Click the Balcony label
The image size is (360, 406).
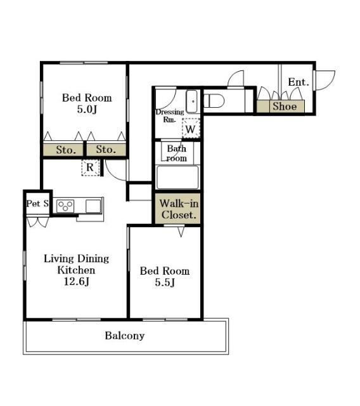point(125,336)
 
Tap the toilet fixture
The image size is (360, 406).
point(214,101)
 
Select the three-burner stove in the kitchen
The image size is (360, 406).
point(65,206)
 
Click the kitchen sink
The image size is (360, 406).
point(93,206)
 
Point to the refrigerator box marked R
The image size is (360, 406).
point(90,167)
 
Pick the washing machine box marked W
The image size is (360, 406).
point(191,128)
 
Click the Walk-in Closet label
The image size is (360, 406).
point(179,209)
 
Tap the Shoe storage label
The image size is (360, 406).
point(285,106)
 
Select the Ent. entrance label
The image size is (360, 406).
point(299,82)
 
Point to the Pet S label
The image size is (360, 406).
point(37,204)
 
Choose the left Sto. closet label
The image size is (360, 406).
point(66,150)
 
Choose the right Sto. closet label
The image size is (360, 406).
point(106,150)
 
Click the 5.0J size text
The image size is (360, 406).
point(87,109)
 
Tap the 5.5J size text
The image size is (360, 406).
point(165,282)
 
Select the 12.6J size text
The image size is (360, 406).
point(77,281)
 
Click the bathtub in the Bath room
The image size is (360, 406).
point(177,178)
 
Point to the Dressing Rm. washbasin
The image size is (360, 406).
point(191,101)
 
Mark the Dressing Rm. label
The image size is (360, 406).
point(170,115)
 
